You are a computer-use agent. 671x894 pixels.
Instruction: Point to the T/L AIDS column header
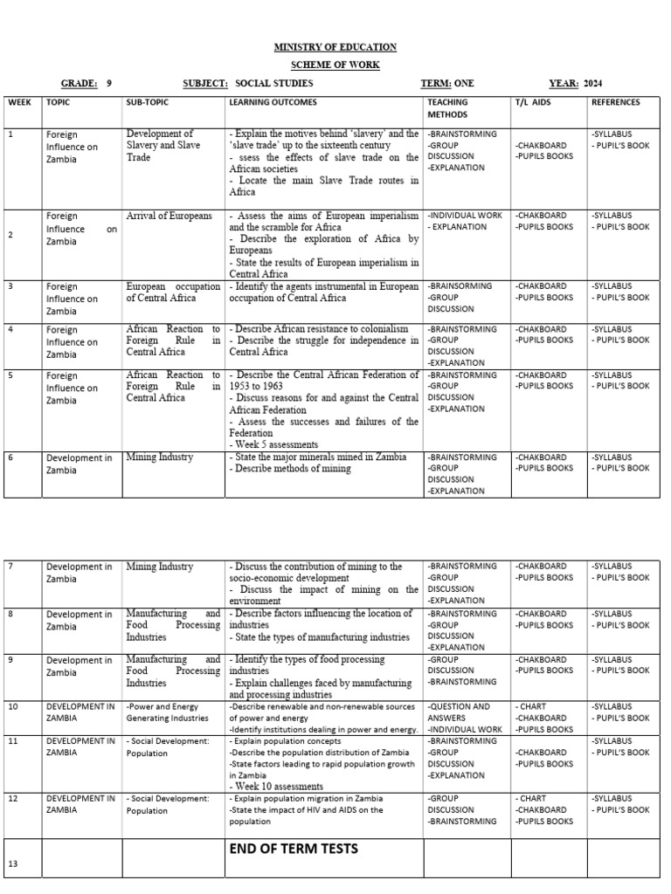pyautogui.click(x=533, y=102)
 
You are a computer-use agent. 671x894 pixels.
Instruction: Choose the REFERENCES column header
pyautogui.click(x=615, y=102)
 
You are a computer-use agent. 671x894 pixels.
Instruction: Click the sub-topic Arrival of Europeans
pyautogui.click(x=169, y=216)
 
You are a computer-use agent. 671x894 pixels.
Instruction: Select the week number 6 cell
pyautogui.click(x=10, y=457)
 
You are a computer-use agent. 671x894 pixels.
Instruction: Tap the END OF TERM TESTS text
pyautogui.click(x=292, y=848)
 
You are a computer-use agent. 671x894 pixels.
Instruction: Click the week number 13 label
pyautogui.click(x=12, y=863)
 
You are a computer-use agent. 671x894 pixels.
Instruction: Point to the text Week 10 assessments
pyautogui.click(x=277, y=786)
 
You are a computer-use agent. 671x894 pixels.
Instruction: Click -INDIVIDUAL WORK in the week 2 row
pyautogui.click(x=466, y=215)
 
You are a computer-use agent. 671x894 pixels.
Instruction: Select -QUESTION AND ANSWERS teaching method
pyautogui.click(x=459, y=712)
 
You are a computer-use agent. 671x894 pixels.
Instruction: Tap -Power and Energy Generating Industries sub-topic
pyautogui.click(x=169, y=712)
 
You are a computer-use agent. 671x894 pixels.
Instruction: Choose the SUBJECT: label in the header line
pyautogui.click(x=205, y=84)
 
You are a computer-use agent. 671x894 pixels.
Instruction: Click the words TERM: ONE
pyautogui.click(x=447, y=84)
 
